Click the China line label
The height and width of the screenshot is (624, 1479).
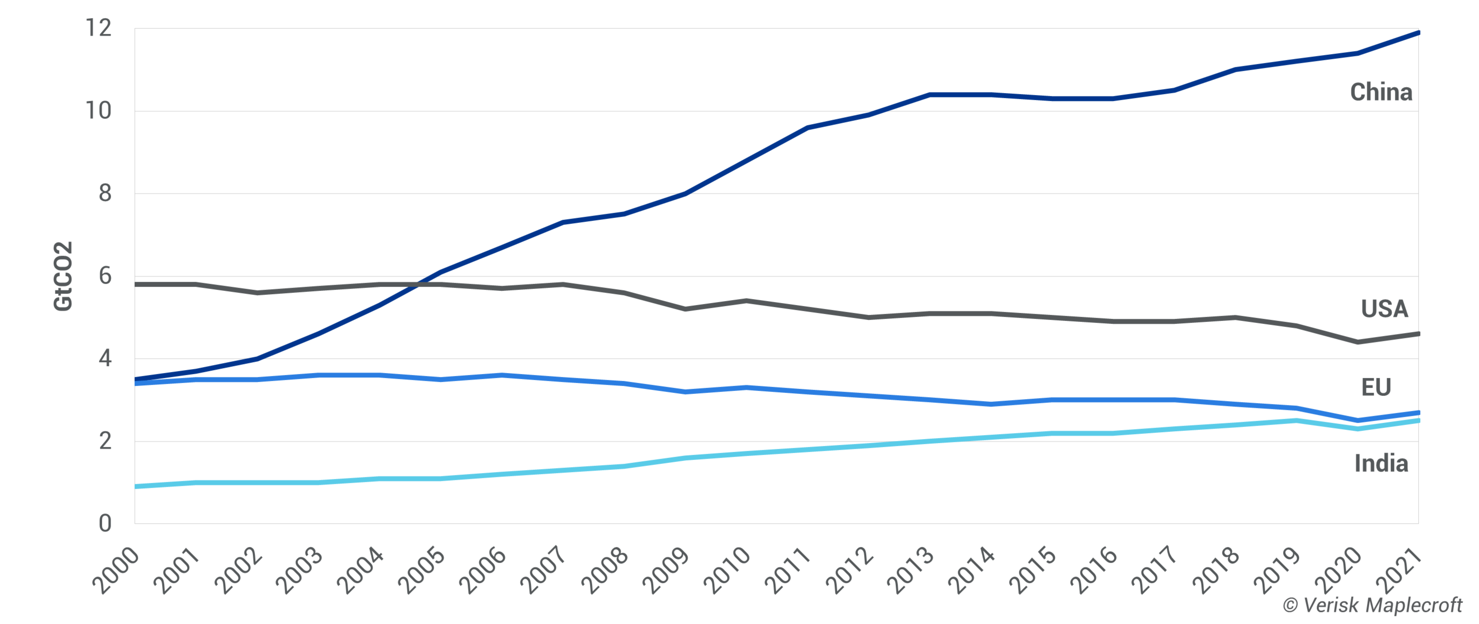coord(1381,92)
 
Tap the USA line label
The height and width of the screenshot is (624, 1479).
coord(1384,309)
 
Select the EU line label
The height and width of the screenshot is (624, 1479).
coord(1376,387)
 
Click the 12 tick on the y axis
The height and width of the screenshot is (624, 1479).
coord(98,28)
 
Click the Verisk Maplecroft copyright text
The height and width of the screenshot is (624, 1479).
coord(1372,605)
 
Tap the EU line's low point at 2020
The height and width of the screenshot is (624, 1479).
coord(1357,420)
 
